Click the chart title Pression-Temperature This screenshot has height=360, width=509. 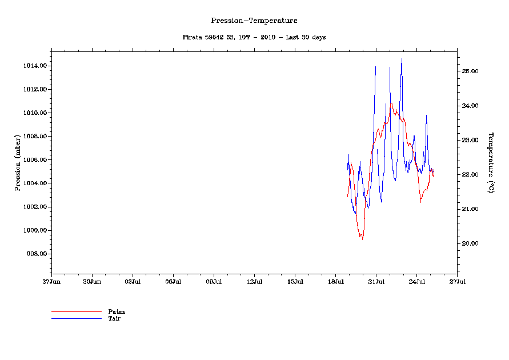click(x=254, y=21)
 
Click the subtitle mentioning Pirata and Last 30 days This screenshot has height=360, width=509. click(x=254, y=37)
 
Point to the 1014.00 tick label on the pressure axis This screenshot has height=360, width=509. click(x=34, y=66)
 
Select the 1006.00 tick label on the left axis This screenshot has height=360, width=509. click(x=34, y=160)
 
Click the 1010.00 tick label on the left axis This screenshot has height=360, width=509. click(x=34, y=113)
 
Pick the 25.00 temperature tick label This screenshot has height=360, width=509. click(x=470, y=71)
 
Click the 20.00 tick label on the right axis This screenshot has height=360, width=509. click(x=470, y=243)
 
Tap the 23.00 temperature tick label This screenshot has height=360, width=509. click(x=470, y=141)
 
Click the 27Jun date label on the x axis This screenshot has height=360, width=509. click(x=51, y=282)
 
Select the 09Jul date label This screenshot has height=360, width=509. click(x=214, y=282)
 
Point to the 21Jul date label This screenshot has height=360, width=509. click(x=376, y=282)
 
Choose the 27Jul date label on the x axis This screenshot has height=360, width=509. click(x=457, y=282)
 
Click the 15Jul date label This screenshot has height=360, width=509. click(x=295, y=282)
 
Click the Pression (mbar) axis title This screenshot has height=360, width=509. click(x=18, y=163)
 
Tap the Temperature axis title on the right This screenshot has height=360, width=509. click(x=491, y=163)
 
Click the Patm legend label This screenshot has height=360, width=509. click(x=117, y=312)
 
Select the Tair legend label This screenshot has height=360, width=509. click(x=114, y=318)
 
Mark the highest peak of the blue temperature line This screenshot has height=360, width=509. click(x=402, y=58)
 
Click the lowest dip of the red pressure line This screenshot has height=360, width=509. click(x=362, y=239)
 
